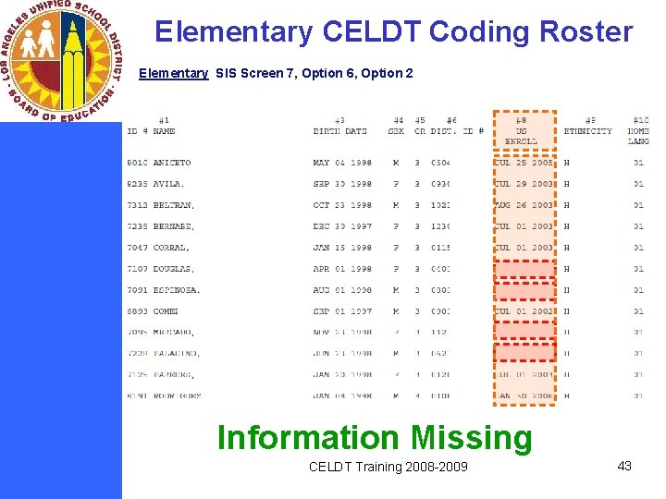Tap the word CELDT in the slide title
click(372, 31)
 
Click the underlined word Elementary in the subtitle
click(173, 73)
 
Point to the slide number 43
click(624, 466)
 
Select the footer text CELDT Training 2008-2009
click(388, 467)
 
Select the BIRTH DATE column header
click(339, 130)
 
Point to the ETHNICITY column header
click(588, 131)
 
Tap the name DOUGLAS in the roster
click(171, 269)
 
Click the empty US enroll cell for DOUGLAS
click(524, 269)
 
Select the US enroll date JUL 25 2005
click(524, 163)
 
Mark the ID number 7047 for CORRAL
click(137, 248)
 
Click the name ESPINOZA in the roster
click(176, 290)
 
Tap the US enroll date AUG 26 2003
click(524, 205)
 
